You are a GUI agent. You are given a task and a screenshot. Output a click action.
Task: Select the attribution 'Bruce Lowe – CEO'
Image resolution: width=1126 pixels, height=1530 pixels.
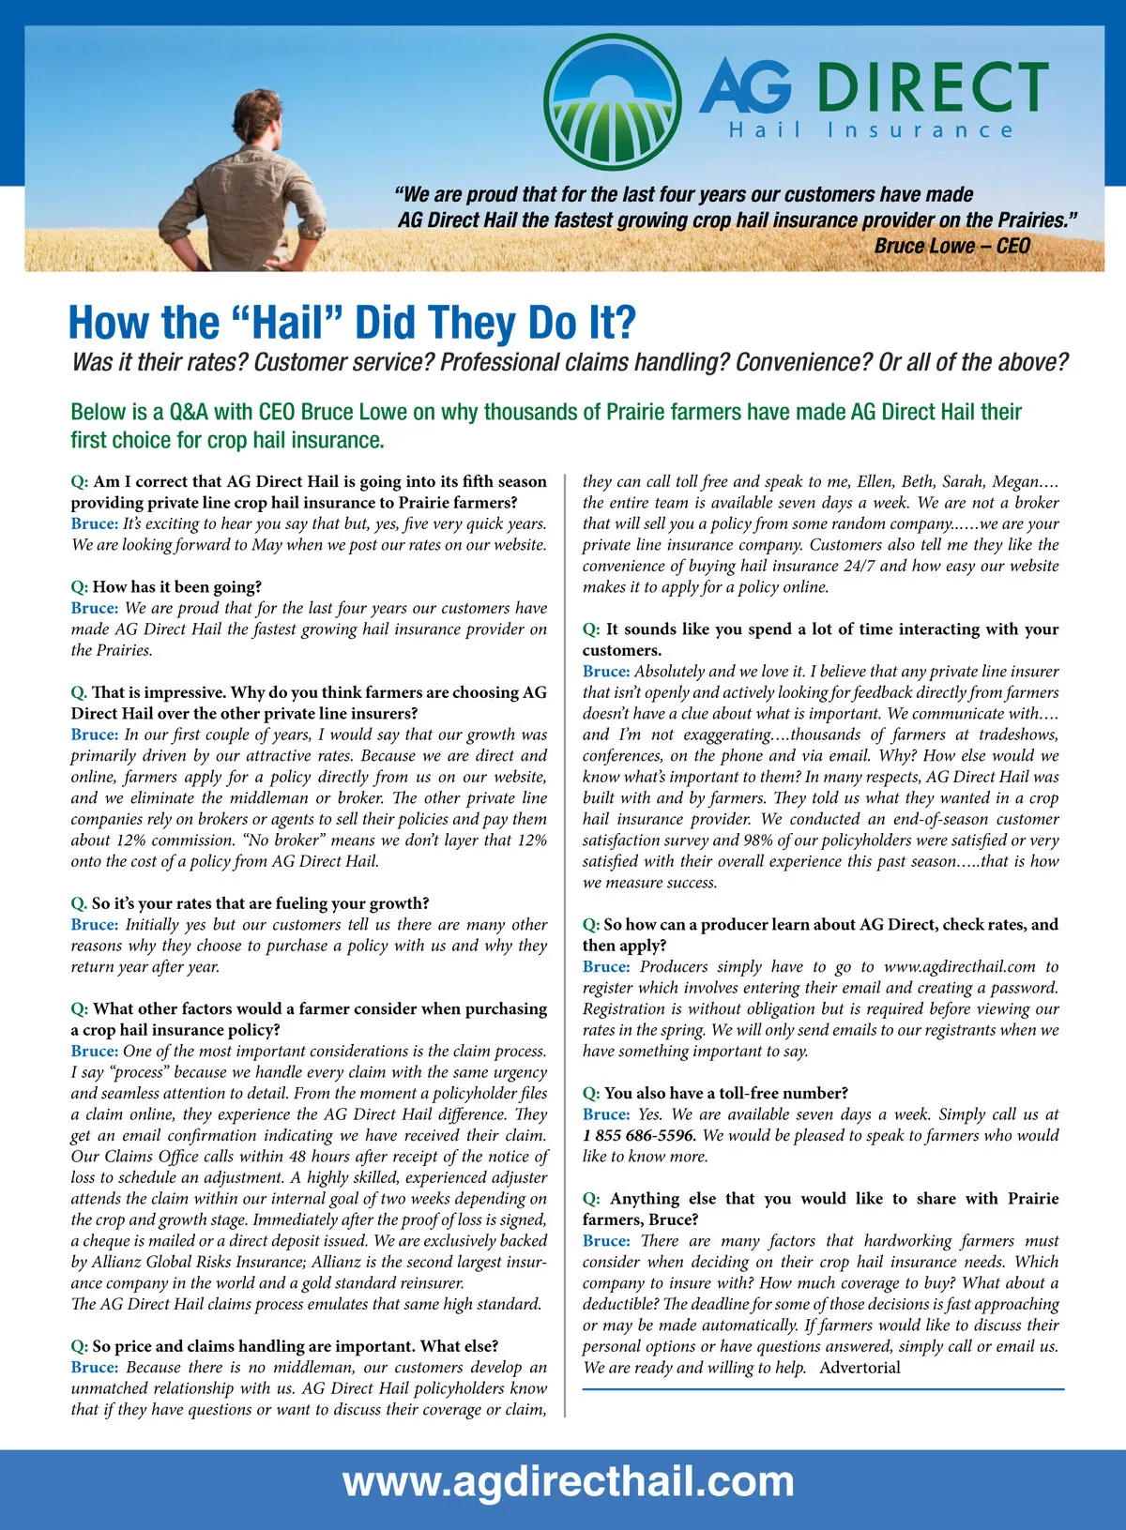point(951,246)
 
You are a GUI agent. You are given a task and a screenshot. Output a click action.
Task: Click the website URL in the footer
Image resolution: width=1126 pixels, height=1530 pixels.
point(568,1482)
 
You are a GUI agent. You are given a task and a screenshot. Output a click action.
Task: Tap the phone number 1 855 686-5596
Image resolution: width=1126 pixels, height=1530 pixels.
point(639,1135)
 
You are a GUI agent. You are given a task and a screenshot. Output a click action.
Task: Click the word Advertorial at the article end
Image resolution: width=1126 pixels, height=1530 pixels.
point(860,1367)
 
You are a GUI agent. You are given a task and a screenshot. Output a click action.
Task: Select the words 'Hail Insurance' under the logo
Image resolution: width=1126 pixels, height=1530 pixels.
point(871,130)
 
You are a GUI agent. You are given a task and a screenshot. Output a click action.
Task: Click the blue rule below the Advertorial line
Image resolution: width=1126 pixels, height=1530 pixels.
point(823,1388)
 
